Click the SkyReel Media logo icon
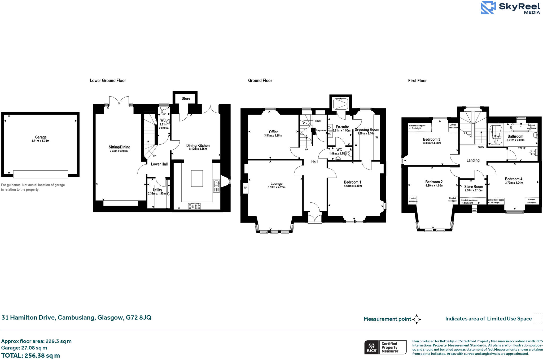coord(488,8)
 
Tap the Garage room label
coord(41,137)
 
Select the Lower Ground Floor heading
coord(108,80)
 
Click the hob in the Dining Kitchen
coord(194,206)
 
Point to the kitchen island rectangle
coord(197,178)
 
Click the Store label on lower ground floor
coord(186,98)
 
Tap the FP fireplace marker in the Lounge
coord(245,188)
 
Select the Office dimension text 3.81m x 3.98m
coord(273,136)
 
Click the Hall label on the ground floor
coord(314,162)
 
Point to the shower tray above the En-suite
coord(340,103)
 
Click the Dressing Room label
coord(367,129)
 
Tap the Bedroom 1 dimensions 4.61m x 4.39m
coord(353,186)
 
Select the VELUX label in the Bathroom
coord(497,136)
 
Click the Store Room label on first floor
coord(474,186)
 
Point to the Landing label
coord(473,160)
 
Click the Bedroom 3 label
coord(431,139)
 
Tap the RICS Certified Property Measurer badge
coord(385,347)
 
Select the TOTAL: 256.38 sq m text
coord(30,355)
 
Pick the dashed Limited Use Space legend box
coord(538,318)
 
